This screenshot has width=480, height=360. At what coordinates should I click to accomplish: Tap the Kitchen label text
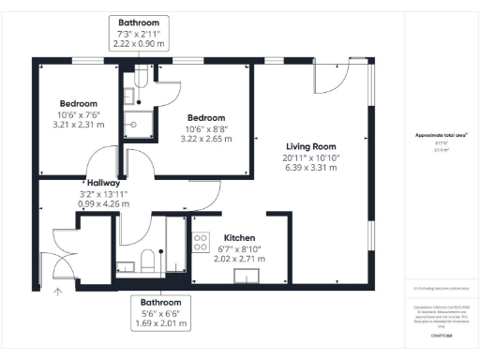click(240, 238)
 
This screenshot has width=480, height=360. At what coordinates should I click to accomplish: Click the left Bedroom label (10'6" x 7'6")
click(78, 103)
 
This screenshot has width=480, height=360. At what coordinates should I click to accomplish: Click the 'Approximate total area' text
click(440, 135)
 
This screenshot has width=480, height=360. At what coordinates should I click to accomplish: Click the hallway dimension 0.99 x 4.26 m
click(104, 203)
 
